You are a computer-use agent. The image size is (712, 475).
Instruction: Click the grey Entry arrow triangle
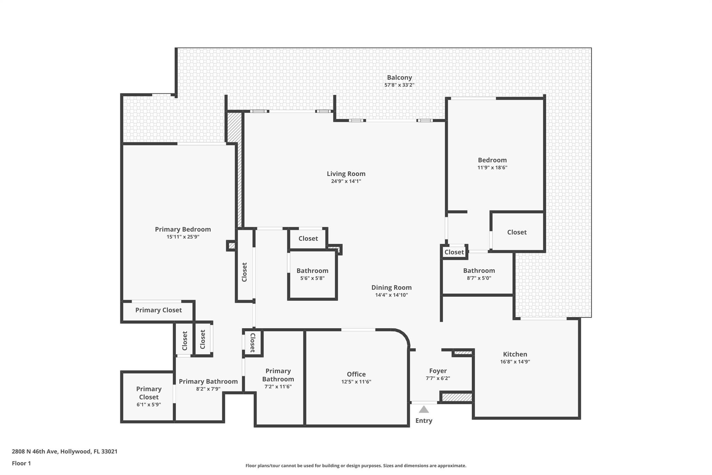pos(423,410)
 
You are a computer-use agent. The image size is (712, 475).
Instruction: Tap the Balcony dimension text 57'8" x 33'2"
pos(399,85)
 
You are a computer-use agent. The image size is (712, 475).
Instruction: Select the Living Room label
pos(346,174)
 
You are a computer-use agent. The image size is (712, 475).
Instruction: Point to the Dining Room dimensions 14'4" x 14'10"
pos(391,295)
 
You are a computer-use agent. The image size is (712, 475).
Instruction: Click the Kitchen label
pos(515,354)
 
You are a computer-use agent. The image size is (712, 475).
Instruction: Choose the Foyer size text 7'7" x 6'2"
pos(438,378)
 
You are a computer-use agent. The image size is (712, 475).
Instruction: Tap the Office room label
pos(356,374)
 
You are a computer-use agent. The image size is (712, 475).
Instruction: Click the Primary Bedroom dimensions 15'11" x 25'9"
pos(183,237)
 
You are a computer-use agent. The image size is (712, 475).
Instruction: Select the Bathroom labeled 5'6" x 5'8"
pos(312,271)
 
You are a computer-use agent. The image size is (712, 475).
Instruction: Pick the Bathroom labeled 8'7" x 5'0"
pos(479,271)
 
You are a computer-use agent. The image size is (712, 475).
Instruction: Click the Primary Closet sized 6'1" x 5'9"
pos(148,393)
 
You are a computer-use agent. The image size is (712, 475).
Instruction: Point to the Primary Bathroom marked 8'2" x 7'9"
pos(208,381)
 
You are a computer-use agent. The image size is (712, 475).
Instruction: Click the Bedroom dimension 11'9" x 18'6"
pos(492,167)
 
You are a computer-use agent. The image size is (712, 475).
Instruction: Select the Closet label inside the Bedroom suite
pos(517,232)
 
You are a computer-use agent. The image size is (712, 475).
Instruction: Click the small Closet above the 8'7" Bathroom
pos(454,252)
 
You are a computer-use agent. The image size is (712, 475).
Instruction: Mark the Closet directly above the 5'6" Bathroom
pos(308,238)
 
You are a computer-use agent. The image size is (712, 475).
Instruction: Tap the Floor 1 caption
pos(21,463)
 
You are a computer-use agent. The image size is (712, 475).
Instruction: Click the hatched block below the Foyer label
pos(456,397)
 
